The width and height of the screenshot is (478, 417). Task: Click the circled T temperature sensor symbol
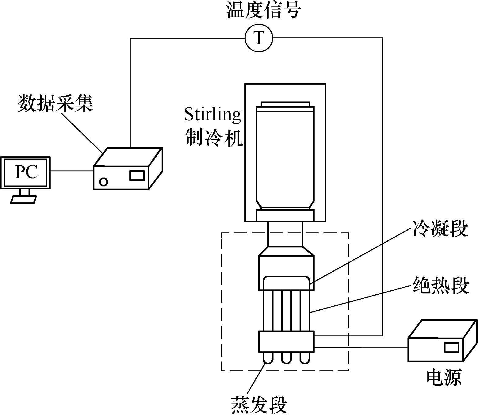click(259, 38)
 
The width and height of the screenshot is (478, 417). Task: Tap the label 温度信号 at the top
click(264, 11)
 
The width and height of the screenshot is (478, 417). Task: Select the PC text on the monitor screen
click(26, 172)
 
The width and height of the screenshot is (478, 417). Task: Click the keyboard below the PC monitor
click(24, 199)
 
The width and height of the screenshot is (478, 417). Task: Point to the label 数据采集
click(55, 103)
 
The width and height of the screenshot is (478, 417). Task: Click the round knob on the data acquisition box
click(104, 182)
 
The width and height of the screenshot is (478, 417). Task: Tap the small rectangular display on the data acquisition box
click(137, 175)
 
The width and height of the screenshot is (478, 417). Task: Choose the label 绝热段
click(441, 286)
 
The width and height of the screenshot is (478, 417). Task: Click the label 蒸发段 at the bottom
click(259, 405)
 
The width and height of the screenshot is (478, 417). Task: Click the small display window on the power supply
click(452, 347)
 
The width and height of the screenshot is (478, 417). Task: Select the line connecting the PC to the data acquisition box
click(72, 171)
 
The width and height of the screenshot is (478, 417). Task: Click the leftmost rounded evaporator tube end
click(268, 358)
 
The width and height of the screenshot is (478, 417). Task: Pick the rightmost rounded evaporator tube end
click(304, 358)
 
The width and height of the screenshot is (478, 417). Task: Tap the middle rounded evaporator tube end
click(286, 358)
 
